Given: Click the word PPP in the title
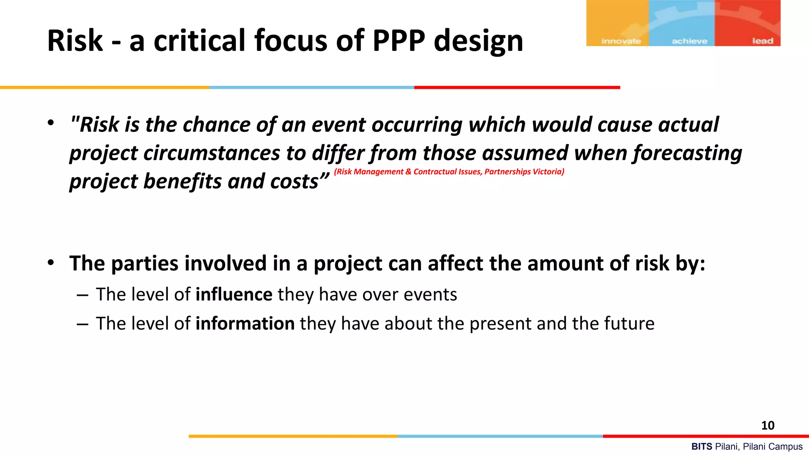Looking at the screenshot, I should pyautogui.click(x=399, y=41).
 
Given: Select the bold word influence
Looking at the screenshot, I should pyautogui.click(x=234, y=295).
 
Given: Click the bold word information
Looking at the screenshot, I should pyautogui.click(x=245, y=323).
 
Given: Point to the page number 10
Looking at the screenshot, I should pyautogui.click(x=768, y=425).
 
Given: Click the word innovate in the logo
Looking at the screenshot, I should pyautogui.click(x=621, y=41).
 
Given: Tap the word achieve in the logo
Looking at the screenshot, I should pyautogui.click(x=689, y=41).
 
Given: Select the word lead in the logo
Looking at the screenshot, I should pyautogui.click(x=762, y=41).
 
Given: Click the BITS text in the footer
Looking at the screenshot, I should pyautogui.click(x=702, y=447).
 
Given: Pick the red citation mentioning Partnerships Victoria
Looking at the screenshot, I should pyautogui.click(x=449, y=171).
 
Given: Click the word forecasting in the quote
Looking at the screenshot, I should pyautogui.click(x=687, y=153).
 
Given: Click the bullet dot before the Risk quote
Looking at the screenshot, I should pyautogui.click(x=51, y=123).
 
